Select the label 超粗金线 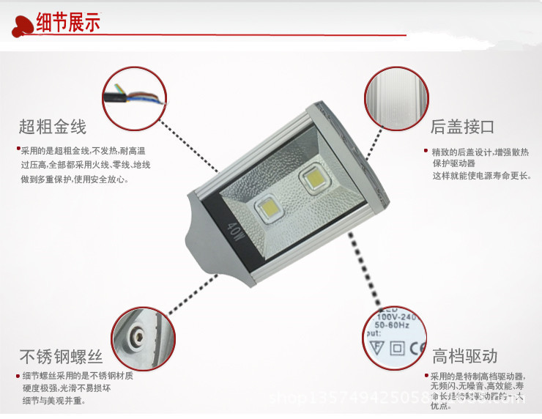click(x=53, y=127)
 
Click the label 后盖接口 click(x=463, y=127)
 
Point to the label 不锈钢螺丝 click(x=61, y=357)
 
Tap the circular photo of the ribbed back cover click(x=396, y=98)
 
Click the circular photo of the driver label click(x=396, y=339)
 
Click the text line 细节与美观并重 click(x=54, y=401)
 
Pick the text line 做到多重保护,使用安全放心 click(x=75, y=179)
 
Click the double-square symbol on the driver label click(x=396, y=349)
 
